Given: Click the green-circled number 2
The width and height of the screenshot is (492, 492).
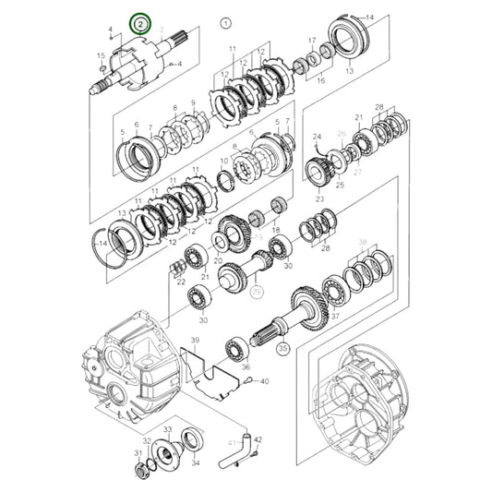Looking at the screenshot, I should pyautogui.click(x=139, y=21).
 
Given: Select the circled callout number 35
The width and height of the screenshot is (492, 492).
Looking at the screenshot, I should pyautogui.click(x=283, y=349).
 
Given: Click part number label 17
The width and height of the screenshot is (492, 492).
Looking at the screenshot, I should pyautogui.click(x=312, y=41).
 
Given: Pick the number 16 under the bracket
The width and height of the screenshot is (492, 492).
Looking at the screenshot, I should pyautogui.click(x=321, y=81).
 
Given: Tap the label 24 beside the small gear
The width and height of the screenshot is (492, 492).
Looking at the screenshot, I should pyautogui.click(x=317, y=137).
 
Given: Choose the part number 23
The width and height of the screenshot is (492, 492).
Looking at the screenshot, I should pyautogui.click(x=319, y=198).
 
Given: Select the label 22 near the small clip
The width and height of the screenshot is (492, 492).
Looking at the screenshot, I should pyautogui.click(x=181, y=282).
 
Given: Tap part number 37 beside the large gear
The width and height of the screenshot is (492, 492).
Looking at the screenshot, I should pyautogui.click(x=335, y=316).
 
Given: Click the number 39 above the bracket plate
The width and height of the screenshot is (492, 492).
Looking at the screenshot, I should pyautogui.click(x=194, y=341).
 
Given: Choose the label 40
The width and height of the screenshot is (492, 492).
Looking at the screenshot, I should pyautogui.click(x=263, y=380).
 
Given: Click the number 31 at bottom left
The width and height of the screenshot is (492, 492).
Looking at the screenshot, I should pyautogui.click(x=138, y=452).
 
